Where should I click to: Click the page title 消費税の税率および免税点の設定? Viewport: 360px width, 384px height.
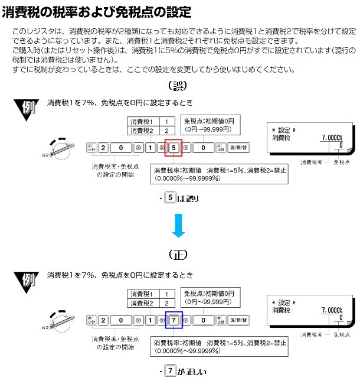pyautogui.click(x=97, y=11)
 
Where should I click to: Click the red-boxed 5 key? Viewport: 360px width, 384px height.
pyautogui.click(x=174, y=148)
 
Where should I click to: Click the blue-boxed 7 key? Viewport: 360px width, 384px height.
pyautogui.click(x=174, y=320)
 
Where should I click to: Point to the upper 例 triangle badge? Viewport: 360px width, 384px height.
pyautogui.click(x=26, y=109)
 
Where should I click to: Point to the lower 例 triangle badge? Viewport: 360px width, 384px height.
pyautogui.click(x=26, y=281)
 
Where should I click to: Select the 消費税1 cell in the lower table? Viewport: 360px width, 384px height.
pyautogui.click(x=142, y=294)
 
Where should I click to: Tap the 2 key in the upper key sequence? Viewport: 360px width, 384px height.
pyautogui.click(x=103, y=148)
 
